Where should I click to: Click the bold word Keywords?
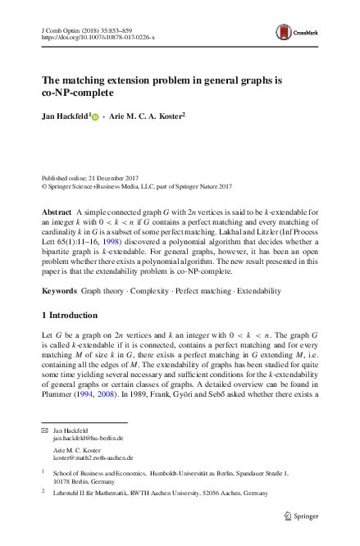(60, 292)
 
